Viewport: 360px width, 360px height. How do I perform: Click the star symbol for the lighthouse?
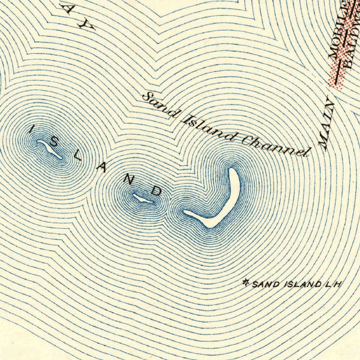click(246, 282)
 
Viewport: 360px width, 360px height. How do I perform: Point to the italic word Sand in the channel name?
click(157, 104)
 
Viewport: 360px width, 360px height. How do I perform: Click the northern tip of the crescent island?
click(233, 171)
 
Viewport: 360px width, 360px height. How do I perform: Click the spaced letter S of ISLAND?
click(53, 142)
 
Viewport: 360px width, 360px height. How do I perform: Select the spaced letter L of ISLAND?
click(78, 155)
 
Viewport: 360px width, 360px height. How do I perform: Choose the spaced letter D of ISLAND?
click(156, 191)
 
